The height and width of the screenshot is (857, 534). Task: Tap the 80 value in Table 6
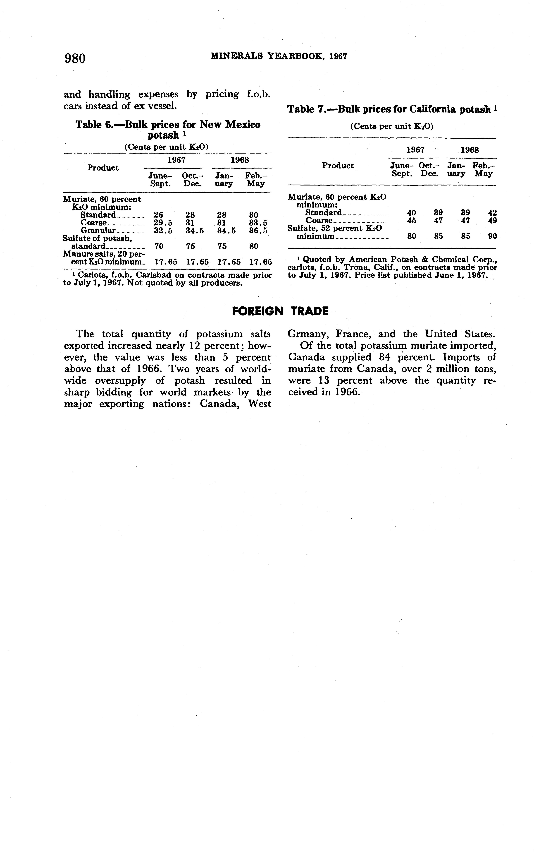click(254, 246)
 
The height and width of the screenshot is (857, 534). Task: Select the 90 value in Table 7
click(492, 236)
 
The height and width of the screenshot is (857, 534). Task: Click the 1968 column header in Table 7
click(469, 150)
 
